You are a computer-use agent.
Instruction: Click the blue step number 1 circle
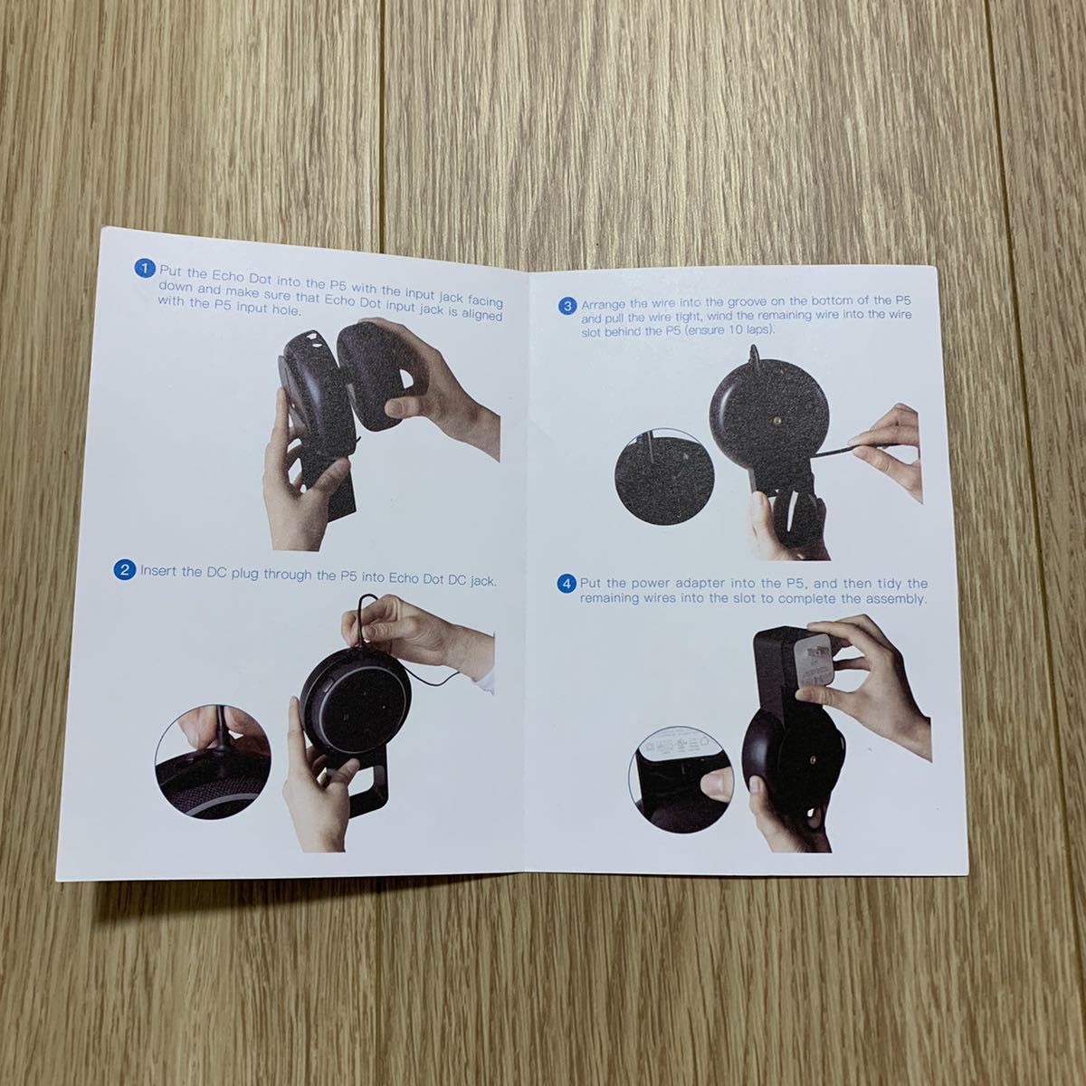(145, 269)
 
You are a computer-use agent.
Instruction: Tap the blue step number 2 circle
(125, 569)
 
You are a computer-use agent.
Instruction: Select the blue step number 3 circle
(568, 306)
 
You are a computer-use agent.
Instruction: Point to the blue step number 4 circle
(567, 584)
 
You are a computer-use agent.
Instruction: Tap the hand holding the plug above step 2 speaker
(398, 629)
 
